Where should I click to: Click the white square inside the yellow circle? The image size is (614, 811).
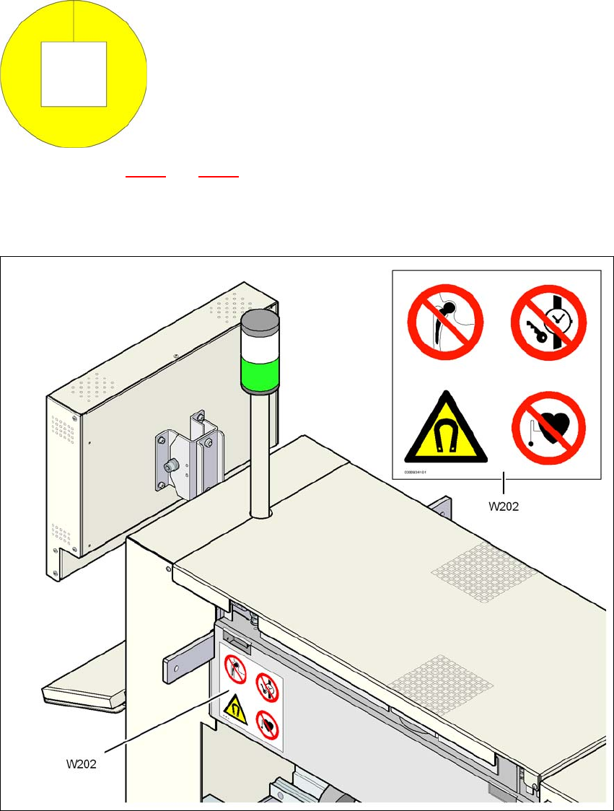(x=74, y=74)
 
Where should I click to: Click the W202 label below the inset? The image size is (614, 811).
(x=504, y=506)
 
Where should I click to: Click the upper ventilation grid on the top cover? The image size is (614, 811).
(x=484, y=572)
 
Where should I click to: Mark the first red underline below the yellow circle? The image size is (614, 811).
(x=146, y=175)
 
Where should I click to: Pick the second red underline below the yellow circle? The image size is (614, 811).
(x=218, y=175)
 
